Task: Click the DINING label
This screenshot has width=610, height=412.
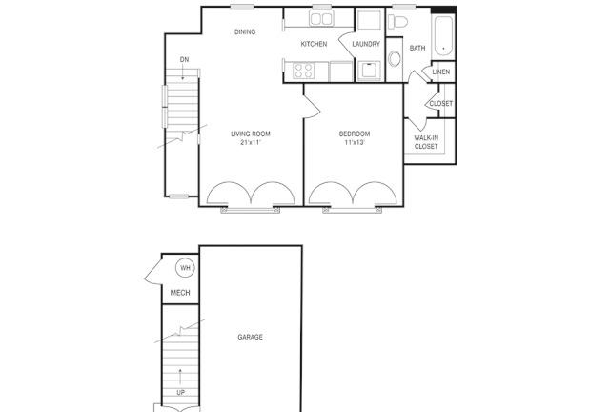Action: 245,31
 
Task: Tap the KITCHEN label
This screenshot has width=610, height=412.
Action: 314,44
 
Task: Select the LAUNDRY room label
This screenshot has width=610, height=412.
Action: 366,44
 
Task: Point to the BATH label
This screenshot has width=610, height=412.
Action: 417,48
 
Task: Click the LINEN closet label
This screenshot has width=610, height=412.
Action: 441,72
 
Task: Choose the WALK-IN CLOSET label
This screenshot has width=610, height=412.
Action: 426,142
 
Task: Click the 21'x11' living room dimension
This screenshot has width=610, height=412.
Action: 250,142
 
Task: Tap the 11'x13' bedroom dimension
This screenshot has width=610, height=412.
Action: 355,142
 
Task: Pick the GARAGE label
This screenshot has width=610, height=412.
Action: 250,337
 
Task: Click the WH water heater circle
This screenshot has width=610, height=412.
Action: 185,268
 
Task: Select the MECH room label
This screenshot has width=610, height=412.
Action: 180,293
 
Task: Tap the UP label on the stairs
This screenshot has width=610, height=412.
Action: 180,393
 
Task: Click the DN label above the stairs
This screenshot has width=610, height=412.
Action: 184,59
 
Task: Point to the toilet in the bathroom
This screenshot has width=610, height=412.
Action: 397,22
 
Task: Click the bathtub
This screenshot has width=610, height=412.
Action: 443,36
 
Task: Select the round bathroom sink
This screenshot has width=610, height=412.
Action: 394,59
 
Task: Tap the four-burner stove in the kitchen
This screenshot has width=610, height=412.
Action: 303,71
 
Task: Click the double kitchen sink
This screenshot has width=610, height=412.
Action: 321,18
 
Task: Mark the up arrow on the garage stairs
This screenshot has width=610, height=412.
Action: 180,376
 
